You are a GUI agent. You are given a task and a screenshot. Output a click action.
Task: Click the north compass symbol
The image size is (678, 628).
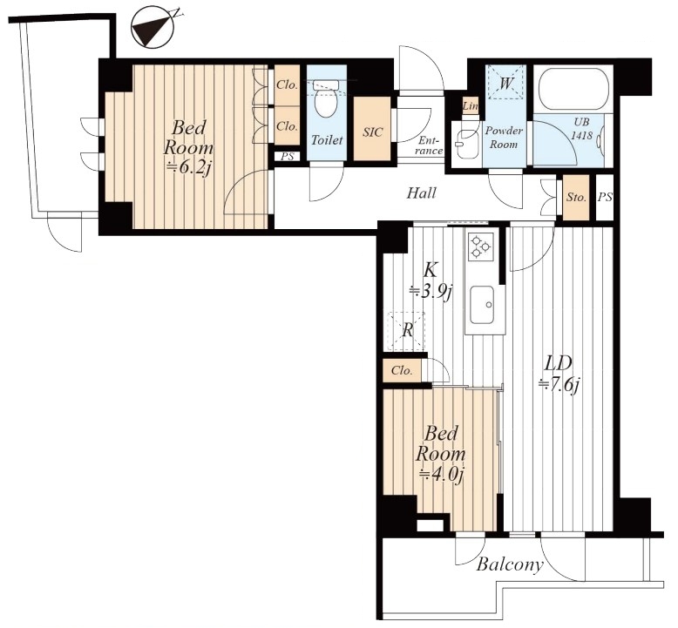tap(153, 26)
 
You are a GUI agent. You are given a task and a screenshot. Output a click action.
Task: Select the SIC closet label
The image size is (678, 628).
tap(372, 132)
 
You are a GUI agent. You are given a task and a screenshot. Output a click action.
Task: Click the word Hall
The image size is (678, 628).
tap(421, 192)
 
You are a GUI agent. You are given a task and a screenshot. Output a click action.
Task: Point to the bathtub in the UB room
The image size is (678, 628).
tap(573, 89)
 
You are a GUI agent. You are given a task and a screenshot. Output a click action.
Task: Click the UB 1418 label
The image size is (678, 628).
tap(581, 128)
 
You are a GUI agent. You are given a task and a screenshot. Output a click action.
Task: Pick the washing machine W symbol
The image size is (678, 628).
tap(505, 84)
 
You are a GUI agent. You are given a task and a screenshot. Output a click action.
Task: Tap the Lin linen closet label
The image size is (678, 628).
tap(470, 106)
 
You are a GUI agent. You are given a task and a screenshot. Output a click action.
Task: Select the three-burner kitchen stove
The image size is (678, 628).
tap(480, 247)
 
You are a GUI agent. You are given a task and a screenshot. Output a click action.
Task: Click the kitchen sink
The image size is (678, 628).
tap(483, 305)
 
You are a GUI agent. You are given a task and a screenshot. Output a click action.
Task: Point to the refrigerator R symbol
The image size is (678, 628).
tap(407, 331)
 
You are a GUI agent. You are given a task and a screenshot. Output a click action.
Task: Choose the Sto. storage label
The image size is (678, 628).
tap(577, 197)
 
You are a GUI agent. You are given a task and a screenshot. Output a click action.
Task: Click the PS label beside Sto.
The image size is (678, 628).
tap(605, 197)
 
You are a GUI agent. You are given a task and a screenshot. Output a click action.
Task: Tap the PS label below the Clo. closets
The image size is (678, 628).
tap(288, 156)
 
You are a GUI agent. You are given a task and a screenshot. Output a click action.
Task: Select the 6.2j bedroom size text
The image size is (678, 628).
tap(188, 168)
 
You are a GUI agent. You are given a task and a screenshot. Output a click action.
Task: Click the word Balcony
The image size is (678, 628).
tap(509, 564)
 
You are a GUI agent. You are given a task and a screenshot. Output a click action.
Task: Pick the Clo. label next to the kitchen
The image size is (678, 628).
tap(402, 370)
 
